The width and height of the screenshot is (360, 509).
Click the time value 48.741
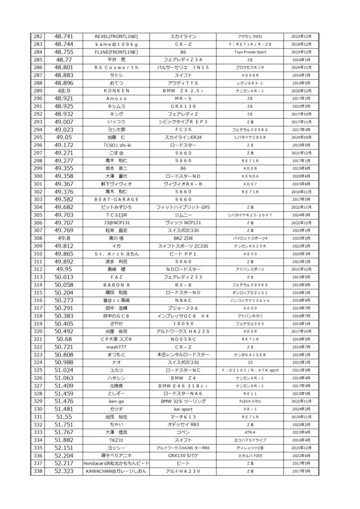[x=64, y=37]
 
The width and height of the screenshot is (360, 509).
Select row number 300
[x=37, y=175]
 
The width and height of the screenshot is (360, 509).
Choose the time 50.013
[x=64, y=277]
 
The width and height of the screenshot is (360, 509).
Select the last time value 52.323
[x=64, y=471]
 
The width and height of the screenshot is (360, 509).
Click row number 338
[x=37, y=471]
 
